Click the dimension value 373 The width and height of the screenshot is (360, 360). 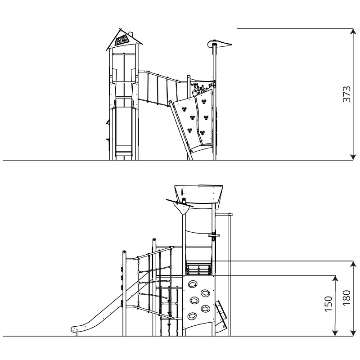346,94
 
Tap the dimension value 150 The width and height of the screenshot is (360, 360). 328,304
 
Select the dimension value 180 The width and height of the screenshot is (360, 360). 346,298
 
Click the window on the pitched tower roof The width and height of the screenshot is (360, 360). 121,40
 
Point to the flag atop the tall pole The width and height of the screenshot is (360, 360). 219,43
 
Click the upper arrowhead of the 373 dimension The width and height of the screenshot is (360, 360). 353,31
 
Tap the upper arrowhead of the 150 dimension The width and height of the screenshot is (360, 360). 335,278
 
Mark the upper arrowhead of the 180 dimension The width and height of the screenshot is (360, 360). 353,264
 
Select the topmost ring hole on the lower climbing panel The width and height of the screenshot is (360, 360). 192,284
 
